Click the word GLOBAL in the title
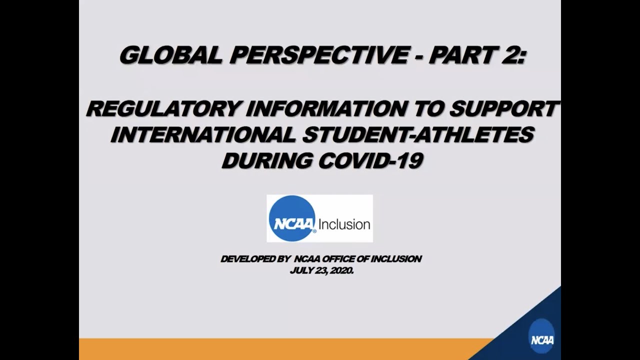pyautogui.click(x=170, y=54)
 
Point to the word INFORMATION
pyautogui.click(x=326, y=108)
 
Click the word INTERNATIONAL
pyautogui.click(x=203, y=134)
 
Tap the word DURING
pyautogui.click(x=267, y=160)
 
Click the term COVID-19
pyautogui.click(x=370, y=160)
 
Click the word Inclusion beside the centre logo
pyautogui.click(x=344, y=224)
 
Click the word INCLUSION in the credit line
pyautogui.click(x=396, y=259)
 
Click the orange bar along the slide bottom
pyautogui.click(x=285, y=349)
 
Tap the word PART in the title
pyautogui.click(x=461, y=54)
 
